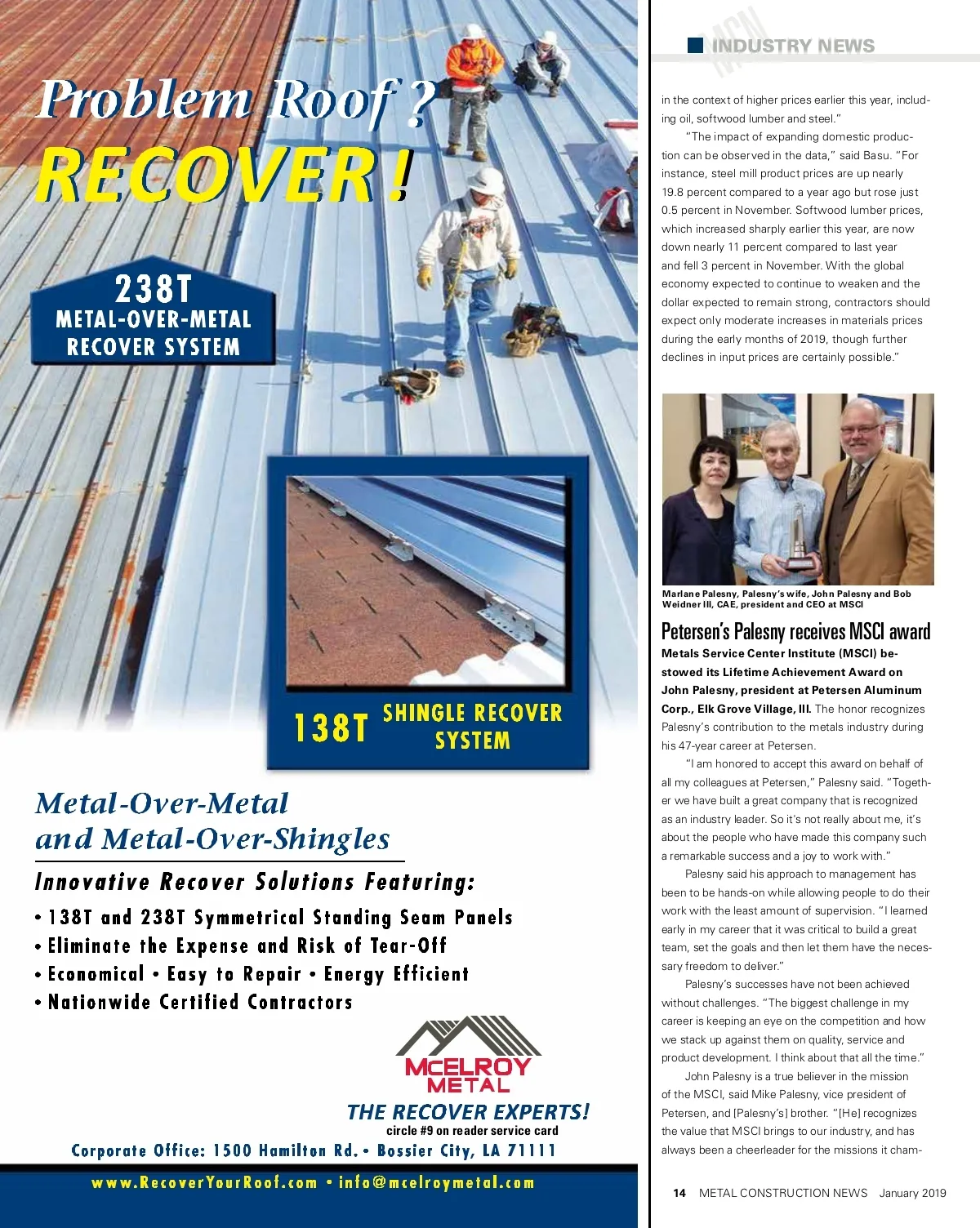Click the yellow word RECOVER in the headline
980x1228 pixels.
[x=204, y=175]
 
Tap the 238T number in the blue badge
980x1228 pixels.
[x=154, y=288]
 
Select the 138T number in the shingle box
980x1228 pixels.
[x=331, y=727]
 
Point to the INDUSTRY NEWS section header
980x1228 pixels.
[x=792, y=46]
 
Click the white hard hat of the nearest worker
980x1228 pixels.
[x=487, y=180]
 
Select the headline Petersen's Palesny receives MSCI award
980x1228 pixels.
[x=795, y=631]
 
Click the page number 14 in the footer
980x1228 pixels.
[x=679, y=1193]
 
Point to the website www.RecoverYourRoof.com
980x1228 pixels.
[x=204, y=1183]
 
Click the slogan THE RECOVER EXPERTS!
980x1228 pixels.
[x=468, y=1112]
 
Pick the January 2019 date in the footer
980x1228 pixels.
[x=912, y=1193]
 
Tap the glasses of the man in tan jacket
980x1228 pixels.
[x=859, y=429]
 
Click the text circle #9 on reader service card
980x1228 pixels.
[x=472, y=1131]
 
